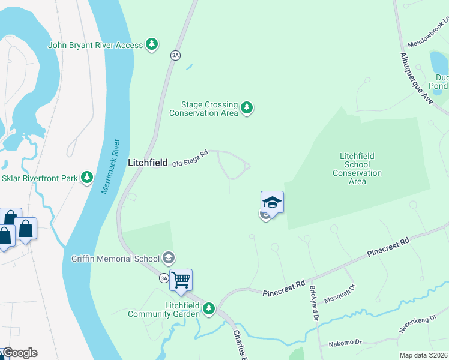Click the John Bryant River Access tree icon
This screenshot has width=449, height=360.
(x=152, y=44)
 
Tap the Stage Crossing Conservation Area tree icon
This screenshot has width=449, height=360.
(x=246, y=109)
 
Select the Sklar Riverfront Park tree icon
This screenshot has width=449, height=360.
(x=88, y=176)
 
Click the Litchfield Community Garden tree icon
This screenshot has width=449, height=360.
(x=208, y=309)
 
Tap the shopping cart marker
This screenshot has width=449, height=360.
(x=181, y=280)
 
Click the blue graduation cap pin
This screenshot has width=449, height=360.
(x=272, y=202)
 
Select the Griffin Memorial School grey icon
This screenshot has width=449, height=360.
(x=169, y=259)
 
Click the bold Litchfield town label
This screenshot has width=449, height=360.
(x=148, y=163)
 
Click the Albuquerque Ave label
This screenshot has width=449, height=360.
(x=417, y=76)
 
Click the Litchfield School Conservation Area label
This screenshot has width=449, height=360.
(x=357, y=169)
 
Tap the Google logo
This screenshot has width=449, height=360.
(x=19, y=353)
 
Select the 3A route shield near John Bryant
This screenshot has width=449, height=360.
(x=175, y=55)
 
